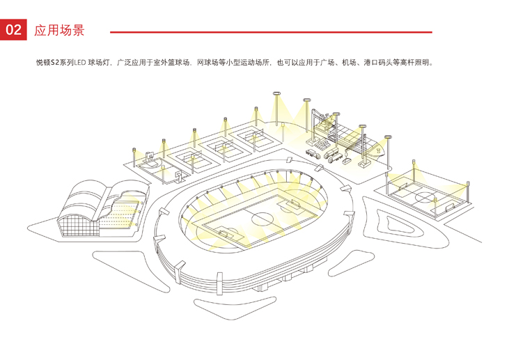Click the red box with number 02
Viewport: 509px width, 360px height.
point(14,30)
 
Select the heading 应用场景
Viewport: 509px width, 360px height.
point(59,31)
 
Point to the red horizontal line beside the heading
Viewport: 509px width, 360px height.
point(271,32)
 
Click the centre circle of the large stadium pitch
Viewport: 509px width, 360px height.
point(263,219)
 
